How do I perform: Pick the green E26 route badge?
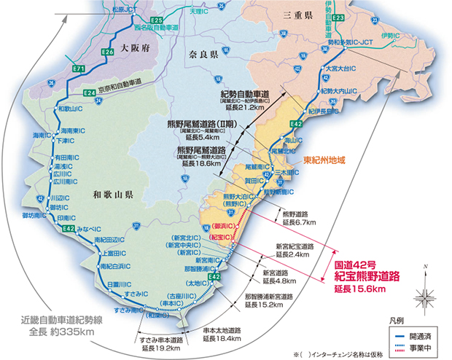(x=107, y=52)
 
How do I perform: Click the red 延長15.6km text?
(x=359, y=289)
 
